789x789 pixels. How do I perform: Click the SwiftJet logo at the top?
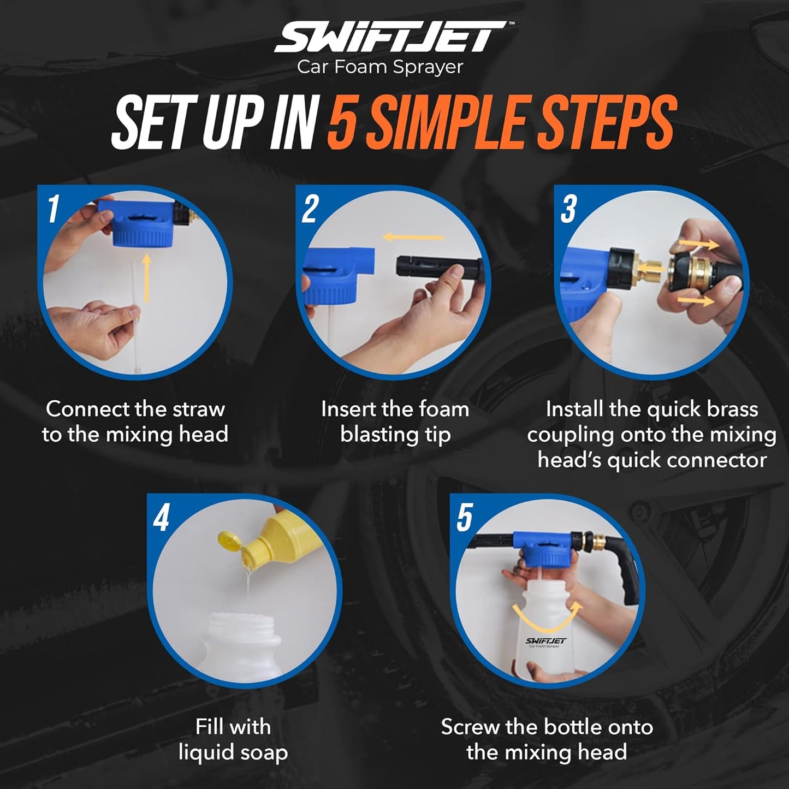coord(392,37)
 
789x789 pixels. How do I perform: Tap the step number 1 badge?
coord(53,209)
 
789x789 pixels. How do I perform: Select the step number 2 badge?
coord(310,209)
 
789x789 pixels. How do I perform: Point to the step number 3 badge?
coord(568,209)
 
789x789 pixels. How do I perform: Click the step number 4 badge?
coord(161,518)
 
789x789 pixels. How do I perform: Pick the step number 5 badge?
coord(464,518)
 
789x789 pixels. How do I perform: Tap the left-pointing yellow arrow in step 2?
coord(413,237)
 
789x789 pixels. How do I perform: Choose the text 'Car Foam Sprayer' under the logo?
coord(380,67)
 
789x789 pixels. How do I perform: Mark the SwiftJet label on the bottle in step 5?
coord(546,642)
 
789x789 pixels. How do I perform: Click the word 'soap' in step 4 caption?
coord(263,752)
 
